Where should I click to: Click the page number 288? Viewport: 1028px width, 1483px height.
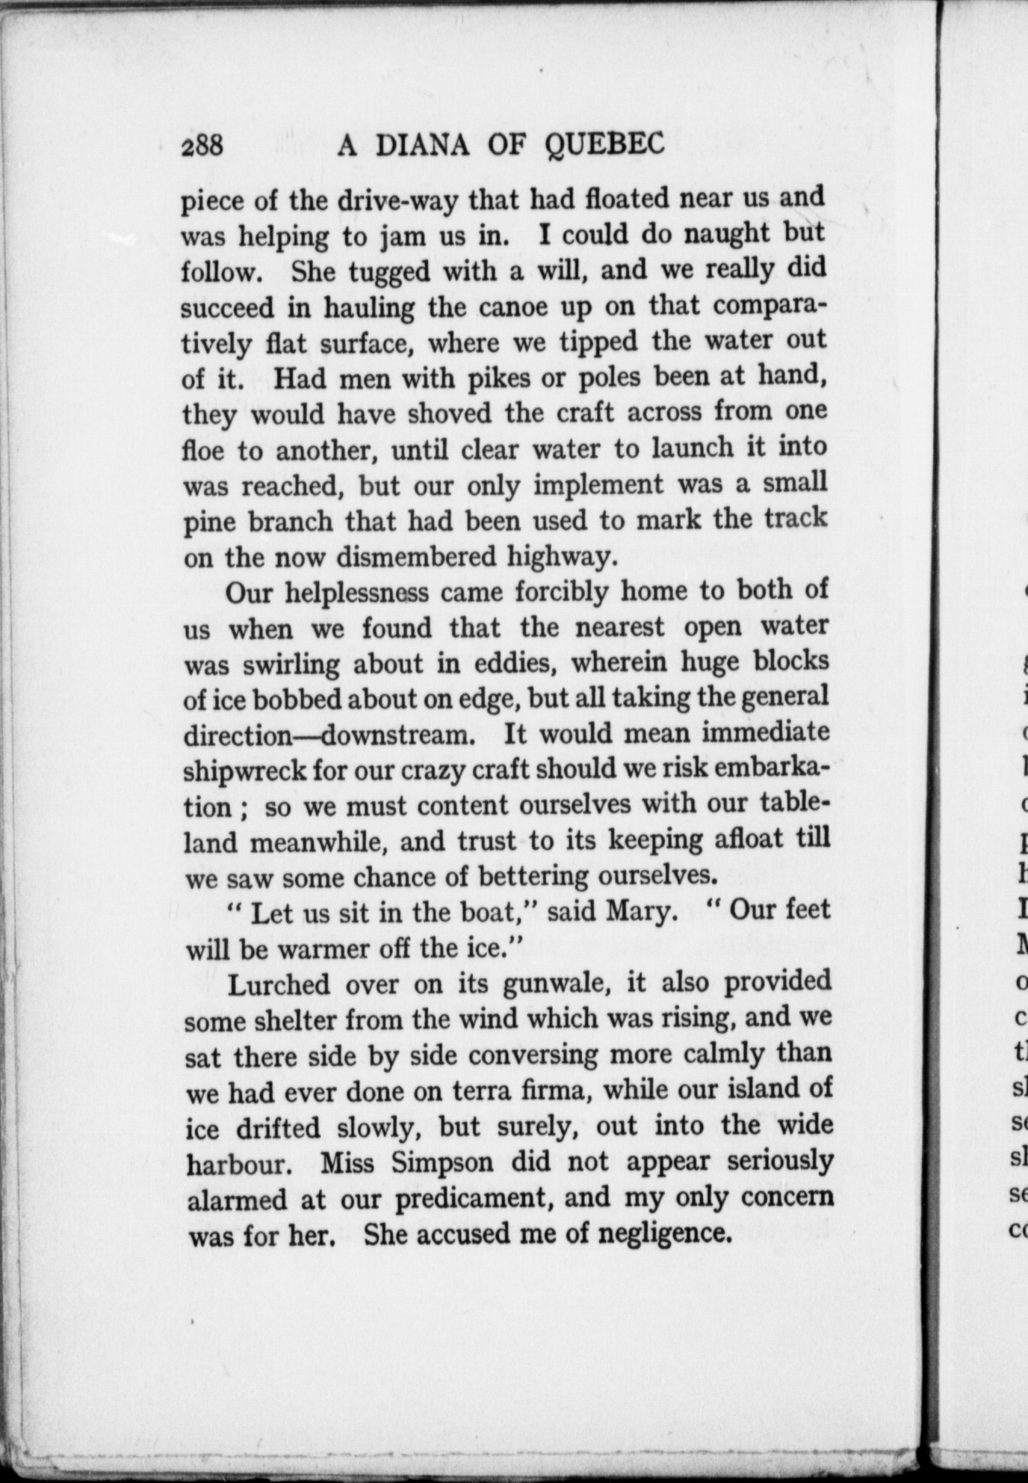coord(202,145)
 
